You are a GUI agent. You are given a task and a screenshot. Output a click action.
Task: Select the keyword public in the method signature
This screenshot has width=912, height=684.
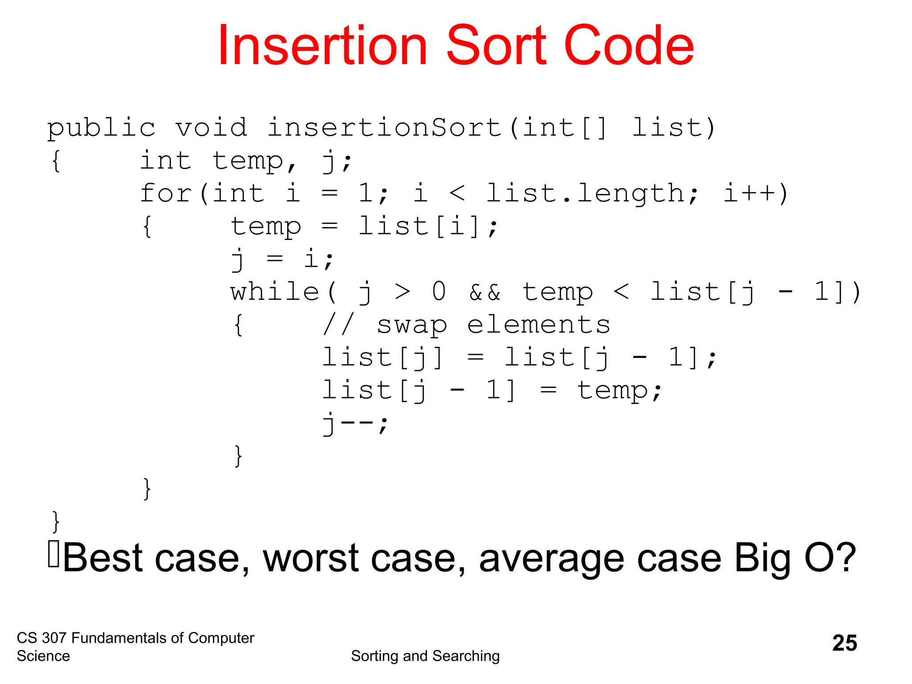click(x=102, y=128)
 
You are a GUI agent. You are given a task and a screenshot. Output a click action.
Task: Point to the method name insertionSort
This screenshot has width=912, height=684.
click(x=385, y=128)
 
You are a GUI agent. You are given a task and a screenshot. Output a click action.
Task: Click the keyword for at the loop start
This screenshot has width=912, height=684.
click(x=166, y=194)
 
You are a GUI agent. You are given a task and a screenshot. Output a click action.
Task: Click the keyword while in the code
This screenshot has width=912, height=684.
click(x=275, y=293)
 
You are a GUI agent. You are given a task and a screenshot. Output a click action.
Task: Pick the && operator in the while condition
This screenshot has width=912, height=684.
click(x=485, y=293)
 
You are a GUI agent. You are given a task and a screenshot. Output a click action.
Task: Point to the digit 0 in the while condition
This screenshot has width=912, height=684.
click(x=439, y=293)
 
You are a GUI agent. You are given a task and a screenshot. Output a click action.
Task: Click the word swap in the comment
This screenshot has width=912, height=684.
click(x=412, y=325)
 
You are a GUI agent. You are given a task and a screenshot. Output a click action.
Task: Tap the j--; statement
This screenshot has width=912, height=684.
click(x=355, y=423)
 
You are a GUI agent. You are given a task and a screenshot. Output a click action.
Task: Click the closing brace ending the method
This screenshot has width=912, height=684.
click(x=56, y=521)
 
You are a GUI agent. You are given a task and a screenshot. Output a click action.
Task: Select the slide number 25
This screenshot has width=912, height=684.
click(x=844, y=643)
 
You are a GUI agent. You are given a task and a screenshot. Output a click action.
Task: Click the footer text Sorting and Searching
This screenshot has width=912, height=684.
click(x=425, y=656)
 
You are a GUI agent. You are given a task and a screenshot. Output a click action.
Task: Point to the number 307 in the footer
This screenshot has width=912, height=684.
click(x=54, y=638)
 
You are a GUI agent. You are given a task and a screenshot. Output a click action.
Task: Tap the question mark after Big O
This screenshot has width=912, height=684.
click(x=844, y=558)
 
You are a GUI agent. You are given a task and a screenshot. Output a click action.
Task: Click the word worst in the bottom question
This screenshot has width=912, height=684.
click(x=311, y=558)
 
